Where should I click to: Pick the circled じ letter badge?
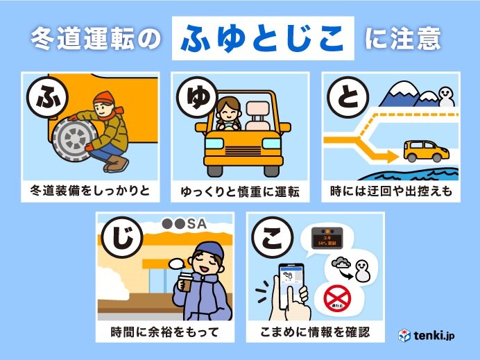[117, 239]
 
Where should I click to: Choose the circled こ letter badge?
[267, 239]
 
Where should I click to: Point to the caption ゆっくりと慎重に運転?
[240, 190]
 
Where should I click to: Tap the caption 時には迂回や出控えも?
[391, 189]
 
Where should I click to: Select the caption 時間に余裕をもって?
[165, 331]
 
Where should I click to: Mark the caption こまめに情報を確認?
[315, 331]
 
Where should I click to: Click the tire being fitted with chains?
[73, 138]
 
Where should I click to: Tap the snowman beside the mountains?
[439, 94]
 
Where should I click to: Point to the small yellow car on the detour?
[423, 148]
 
